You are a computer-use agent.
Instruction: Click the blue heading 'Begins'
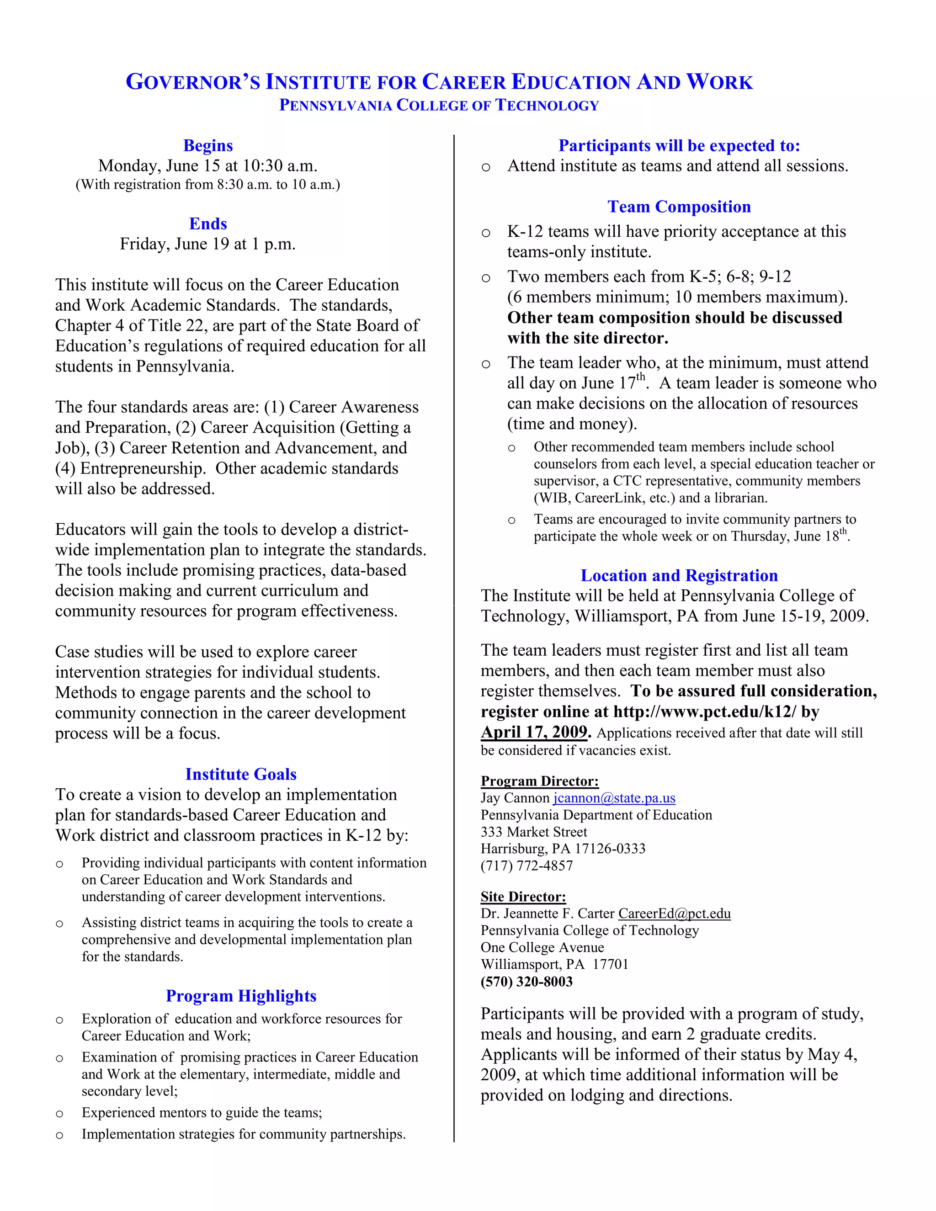coord(208,145)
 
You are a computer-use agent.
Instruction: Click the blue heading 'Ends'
coord(208,223)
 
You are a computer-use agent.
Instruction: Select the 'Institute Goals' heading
coord(241,774)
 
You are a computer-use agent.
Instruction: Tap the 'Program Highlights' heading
coord(241,996)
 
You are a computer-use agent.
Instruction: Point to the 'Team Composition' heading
coord(679,207)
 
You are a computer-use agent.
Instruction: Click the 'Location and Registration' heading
coord(679,575)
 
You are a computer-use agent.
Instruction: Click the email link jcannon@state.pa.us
coord(614,798)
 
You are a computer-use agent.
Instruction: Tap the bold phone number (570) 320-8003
coord(526,982)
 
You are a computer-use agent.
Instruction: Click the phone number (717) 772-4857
coord(526,866)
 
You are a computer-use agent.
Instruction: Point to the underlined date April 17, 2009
coord(534,732)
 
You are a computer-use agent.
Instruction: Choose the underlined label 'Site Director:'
coord(523,897)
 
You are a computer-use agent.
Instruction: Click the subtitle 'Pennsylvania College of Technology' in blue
coord(439,106)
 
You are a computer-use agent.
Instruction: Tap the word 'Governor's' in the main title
coord(192,82)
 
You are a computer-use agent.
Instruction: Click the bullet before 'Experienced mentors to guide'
coord(59,1113)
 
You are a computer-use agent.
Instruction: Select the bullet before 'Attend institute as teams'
coord(486,167)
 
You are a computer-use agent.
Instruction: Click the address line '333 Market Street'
coord(533,832)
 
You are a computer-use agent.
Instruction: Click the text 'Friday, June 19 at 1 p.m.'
coord(207,244)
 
